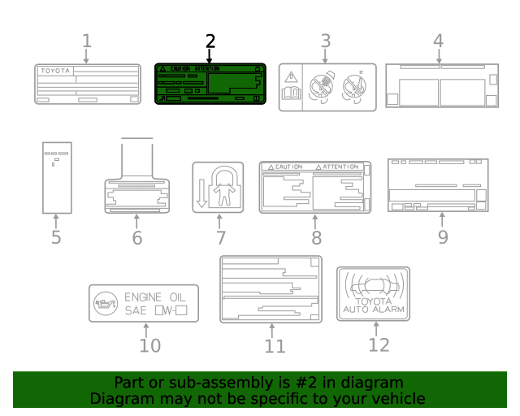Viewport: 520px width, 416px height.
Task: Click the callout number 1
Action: pos(87,41)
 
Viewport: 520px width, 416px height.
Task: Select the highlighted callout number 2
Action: pos(210,41)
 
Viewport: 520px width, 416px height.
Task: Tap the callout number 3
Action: pos(325,41)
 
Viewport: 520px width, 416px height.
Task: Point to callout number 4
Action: pos(438,41)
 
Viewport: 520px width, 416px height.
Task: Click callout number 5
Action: pos(56,238)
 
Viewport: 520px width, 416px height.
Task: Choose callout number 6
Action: pos(136,238)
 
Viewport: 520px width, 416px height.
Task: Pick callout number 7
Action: pos(219,238)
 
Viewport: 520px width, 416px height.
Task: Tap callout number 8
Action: pos(316,238)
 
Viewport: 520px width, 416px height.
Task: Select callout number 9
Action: pos(443,237)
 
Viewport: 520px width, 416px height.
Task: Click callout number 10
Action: pos(149,345)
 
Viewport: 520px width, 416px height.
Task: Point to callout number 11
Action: pos(275,346)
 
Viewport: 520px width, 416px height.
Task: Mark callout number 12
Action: pos(379,344)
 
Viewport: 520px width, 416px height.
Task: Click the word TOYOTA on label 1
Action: pos(55,71)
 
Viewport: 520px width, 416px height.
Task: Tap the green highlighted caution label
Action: pos(210,84)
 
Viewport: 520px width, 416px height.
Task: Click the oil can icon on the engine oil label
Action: pos(104,303)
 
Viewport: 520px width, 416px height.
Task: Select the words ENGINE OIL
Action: pos(154,297)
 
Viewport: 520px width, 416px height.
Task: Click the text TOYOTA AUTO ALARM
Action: pos(373,305)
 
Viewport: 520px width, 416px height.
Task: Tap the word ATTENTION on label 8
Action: pos(340,167)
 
